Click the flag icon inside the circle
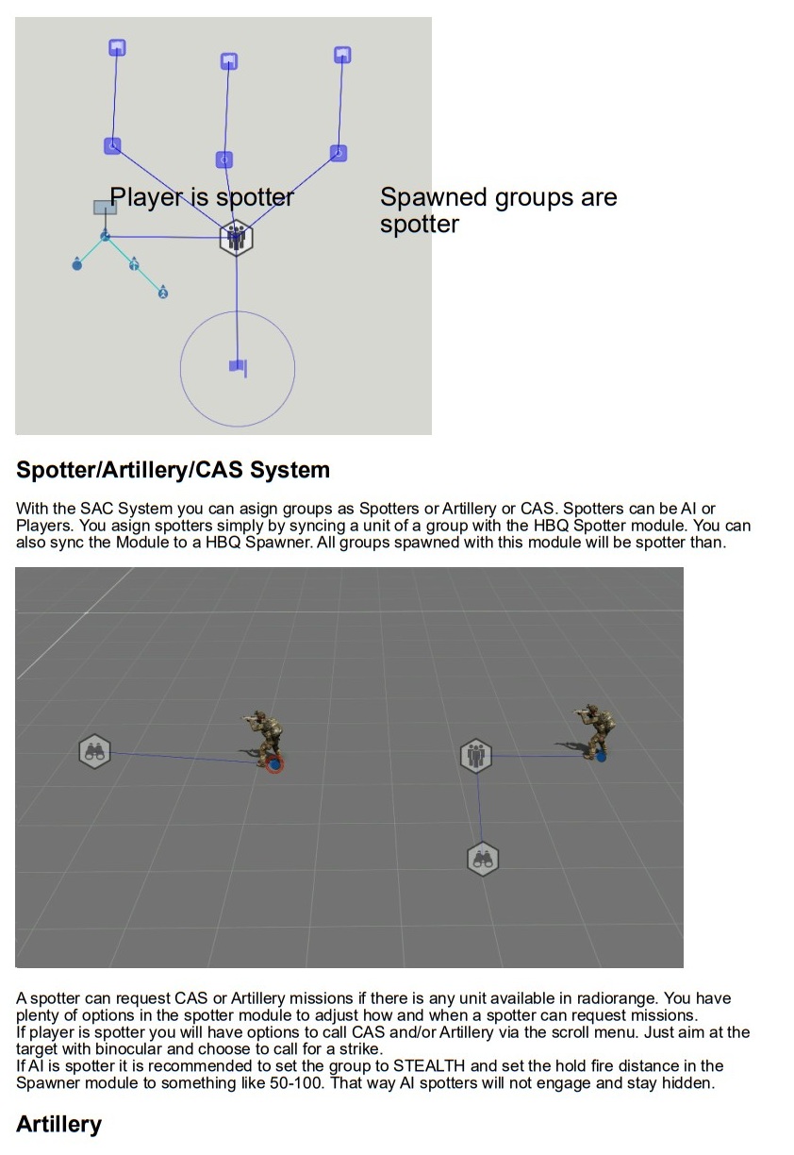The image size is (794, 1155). pos(238,367)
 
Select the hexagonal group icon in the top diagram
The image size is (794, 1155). pos(236,238)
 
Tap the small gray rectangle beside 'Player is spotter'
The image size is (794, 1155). pos(105,208)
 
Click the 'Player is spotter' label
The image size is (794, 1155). pos(202,197)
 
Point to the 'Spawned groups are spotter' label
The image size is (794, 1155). pos(498,210)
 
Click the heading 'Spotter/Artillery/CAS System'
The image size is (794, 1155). pos(173,470)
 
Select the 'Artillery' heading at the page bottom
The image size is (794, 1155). pos(58,1124)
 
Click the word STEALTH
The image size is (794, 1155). pos(429,1065)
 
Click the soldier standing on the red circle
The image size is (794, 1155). pos(263,740)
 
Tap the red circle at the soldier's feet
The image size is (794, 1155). pos(274,763)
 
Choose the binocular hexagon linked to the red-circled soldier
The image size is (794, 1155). pos(94,752)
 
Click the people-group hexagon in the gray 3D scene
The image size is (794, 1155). pos(475,756)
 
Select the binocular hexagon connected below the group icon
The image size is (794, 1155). pos(482,859)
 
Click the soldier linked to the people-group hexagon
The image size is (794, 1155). pos(594,732)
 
